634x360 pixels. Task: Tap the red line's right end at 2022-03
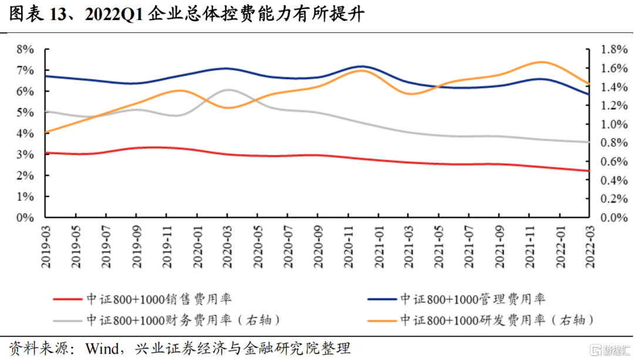[589, 171]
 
